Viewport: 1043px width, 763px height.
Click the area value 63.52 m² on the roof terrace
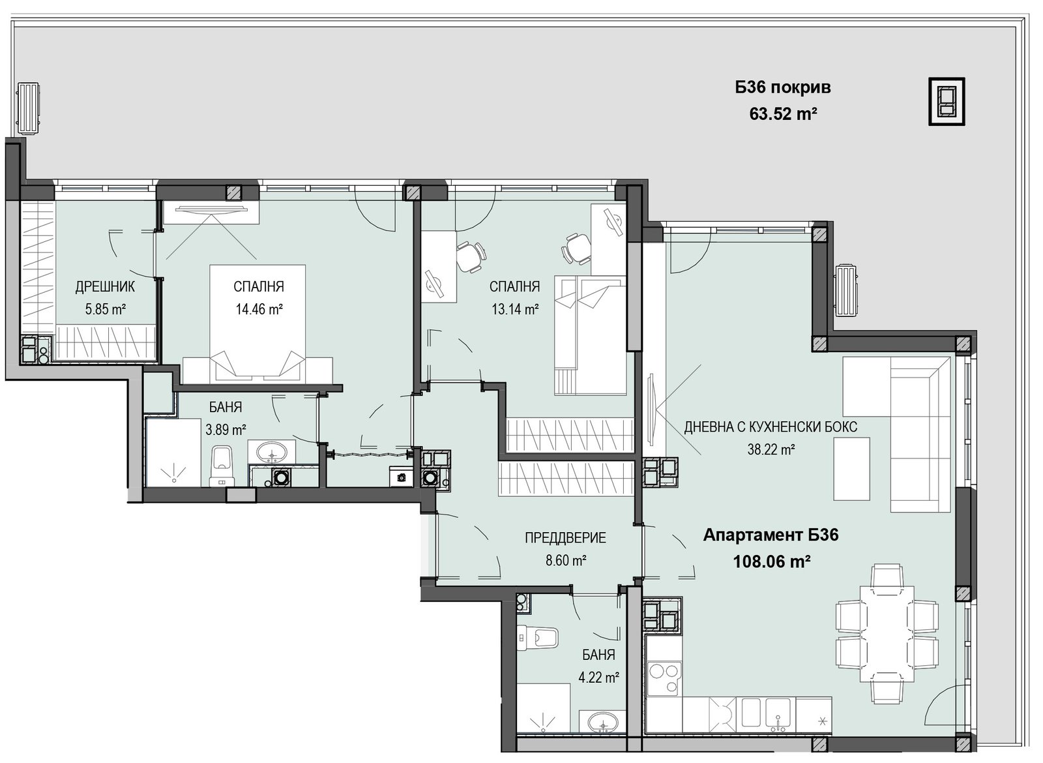tap(784, 113)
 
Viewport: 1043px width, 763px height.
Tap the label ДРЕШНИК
tap(105, 287)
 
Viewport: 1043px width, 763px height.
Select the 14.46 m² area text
tap(259, 309)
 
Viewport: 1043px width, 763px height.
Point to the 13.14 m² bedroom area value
tap(516, 309)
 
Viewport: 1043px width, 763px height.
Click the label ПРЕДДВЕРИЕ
tap(566, 538)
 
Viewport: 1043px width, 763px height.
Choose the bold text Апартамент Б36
tap(771, 535)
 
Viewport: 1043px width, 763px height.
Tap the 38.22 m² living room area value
tap(771, 449)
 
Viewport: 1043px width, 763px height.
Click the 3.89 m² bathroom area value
tap(226, 429)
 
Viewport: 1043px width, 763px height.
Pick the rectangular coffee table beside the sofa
tap(851, 469)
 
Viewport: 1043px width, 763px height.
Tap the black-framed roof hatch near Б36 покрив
tap(947, 101)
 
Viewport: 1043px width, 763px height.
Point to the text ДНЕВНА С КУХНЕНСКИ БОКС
tap(771, 426)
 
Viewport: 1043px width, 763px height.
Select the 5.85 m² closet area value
tap(105, 309)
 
